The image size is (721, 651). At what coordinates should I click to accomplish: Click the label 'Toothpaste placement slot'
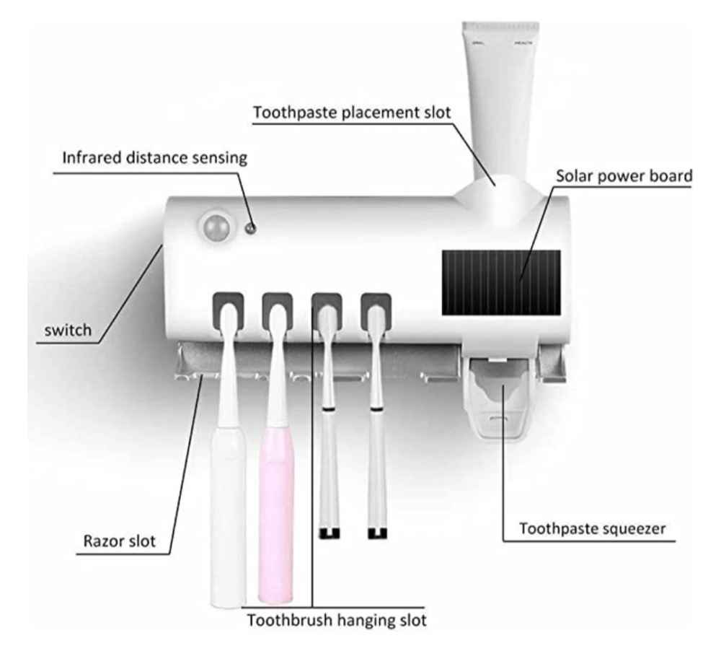352,113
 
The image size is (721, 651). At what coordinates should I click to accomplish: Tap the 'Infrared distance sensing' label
154,158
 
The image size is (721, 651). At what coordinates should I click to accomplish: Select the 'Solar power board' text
624,175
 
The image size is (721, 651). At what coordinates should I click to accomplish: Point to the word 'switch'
67,331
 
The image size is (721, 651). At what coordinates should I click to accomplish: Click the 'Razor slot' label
115,541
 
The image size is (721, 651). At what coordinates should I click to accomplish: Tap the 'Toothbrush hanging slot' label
337,619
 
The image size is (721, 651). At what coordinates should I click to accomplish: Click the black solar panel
500,282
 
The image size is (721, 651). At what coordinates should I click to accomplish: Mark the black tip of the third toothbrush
329,533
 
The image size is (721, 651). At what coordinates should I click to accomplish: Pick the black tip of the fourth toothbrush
376,533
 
